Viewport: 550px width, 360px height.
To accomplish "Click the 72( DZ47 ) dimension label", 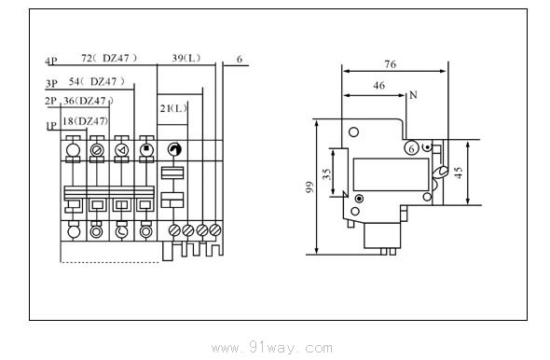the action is (x=109, y=58).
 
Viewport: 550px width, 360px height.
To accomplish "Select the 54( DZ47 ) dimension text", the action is (x=97, y=82).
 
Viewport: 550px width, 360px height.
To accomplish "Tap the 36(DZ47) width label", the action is (x=89, y=101).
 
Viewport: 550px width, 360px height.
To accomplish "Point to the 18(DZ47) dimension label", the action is (x=85, y=121).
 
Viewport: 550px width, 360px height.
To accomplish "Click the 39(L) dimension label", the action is (x=186, y=58).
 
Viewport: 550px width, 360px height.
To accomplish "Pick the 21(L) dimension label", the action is (x=173, y=109).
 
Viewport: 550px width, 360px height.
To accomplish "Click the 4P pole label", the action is (x=51, y=61).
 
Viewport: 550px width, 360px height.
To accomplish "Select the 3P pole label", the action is (x=51, y=84).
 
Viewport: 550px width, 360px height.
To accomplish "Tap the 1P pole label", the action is (x=51, y=126).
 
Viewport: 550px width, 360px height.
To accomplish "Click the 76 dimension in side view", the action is (x=390, y=64).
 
